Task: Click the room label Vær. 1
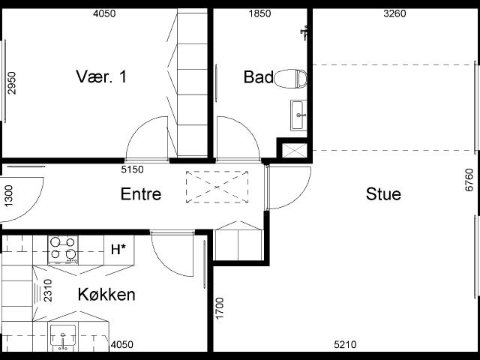(101, 76)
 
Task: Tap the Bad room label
(258, 77)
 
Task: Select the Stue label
(383, 194)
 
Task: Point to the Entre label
(141, 194)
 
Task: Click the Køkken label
(106, 295)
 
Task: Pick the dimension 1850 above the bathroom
(259, 13)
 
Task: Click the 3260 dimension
(394, 13)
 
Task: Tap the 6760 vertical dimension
(469, 180)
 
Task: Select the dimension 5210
(345, 345)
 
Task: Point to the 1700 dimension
(220, 308)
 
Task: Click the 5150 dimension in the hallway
(132, 169)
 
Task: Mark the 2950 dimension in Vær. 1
(12, 83)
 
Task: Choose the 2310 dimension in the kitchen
(48, 290)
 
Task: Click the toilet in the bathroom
(290, 79)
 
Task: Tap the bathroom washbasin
(298, 115)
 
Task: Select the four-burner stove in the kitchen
(63, 250)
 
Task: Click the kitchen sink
(63, 337)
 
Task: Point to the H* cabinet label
(118, 250)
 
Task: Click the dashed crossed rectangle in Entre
(217, 187)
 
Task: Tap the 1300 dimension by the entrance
(8, 196)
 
